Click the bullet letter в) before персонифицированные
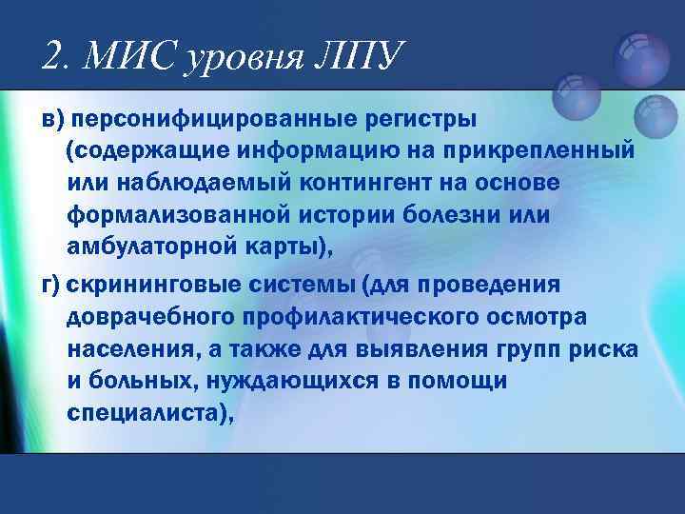coord(54,121)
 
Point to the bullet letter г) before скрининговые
coord(53,287)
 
